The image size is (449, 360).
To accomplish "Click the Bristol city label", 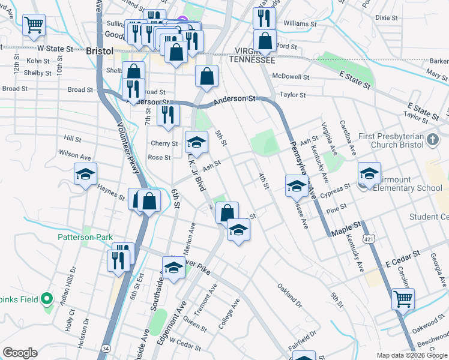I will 100,51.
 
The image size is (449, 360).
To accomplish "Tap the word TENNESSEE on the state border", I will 252,61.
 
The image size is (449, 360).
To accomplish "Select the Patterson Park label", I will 85,237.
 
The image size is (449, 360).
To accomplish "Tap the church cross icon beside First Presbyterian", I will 433,140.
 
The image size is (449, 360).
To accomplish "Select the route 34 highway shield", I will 106,347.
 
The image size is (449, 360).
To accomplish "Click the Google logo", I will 20,353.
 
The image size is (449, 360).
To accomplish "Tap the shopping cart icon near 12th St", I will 34,25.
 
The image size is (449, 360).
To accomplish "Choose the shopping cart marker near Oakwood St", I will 403,298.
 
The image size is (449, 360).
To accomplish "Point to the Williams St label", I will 300,23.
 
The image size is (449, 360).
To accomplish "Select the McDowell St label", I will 291,77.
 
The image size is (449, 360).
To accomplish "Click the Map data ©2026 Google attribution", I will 412,355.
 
